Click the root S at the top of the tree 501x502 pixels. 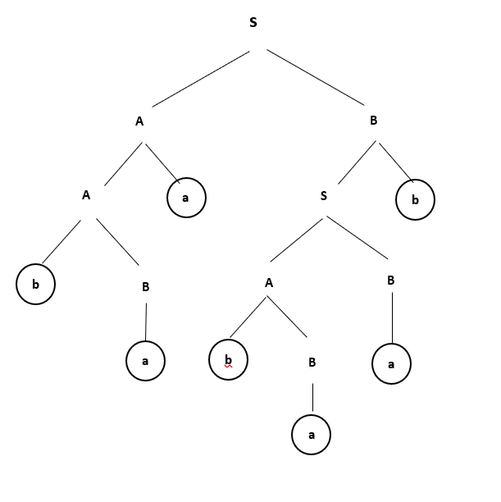coord(253,23)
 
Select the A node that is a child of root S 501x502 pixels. coord(139,121)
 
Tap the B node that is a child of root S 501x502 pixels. coord(373,121)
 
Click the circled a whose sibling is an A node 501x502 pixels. coord(185,198)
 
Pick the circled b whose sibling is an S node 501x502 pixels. coord(415,200)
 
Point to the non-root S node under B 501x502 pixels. coord(324,196)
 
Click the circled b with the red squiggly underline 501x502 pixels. coord(228,359)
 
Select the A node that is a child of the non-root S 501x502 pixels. coord(268,283)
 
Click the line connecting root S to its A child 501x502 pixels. coord(201,79)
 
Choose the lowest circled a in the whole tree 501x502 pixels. coord(311,436)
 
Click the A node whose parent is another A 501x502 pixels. coord(86,195)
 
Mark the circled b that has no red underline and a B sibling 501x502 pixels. coord(35,285)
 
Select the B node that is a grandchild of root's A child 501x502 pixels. coord(145,287)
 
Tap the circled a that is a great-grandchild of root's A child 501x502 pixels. coord(145,361)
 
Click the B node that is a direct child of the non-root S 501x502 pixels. coord(390,281)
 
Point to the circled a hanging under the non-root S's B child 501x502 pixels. coord(391,364)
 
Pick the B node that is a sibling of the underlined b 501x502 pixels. coord(312,362)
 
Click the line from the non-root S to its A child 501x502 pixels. coord(297,239)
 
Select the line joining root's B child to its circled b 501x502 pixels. coord(394,162)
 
